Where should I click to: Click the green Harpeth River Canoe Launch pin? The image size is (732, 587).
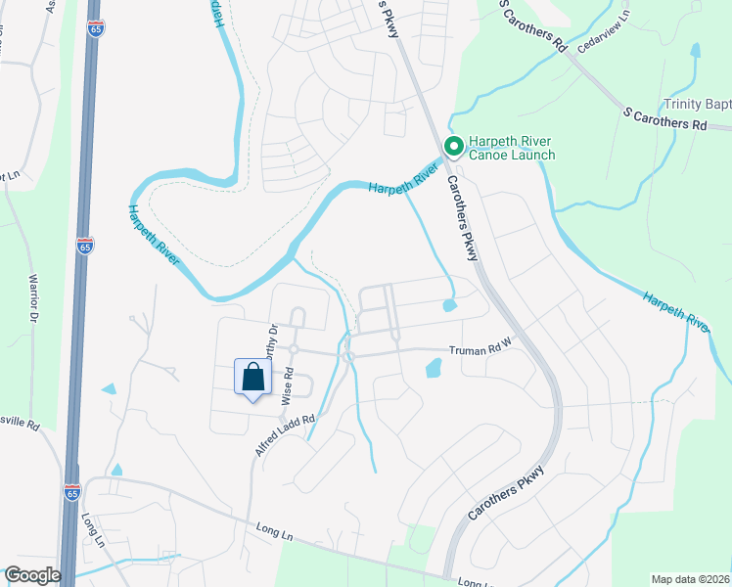pyautogui.click(x=454, y=147)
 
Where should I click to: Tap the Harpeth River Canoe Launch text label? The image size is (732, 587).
pyautogui.click(x=512, y=148)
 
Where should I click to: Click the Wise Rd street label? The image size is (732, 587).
pyautogui.click(x=289, y=384)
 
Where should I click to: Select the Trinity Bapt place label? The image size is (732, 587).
pyautogui.click(x=697, y=104)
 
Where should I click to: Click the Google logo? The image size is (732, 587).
pyautogui.click(x=32, y=575)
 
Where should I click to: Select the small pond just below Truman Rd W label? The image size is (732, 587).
pyautogui.click(x=433, y=369)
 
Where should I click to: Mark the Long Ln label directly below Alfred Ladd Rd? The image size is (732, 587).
pyautogui.click(x=273, y=535)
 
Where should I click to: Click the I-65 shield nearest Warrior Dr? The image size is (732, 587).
pyautogui.click(x=85, y=245)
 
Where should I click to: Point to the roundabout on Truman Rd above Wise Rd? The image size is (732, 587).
pyautogui.click(x=293, y=349)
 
